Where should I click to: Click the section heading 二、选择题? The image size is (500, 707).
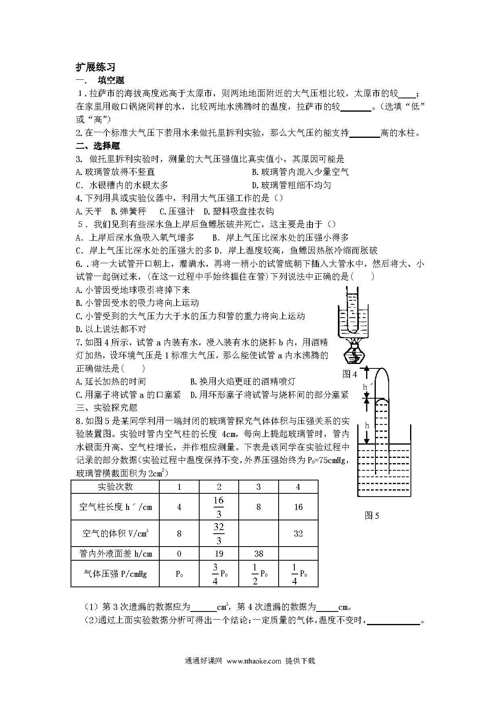click(98, 146)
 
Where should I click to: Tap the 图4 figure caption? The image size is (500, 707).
click(350, 374)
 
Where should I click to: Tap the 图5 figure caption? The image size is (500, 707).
click(372, 516)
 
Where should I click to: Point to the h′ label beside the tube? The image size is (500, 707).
click(366, 387)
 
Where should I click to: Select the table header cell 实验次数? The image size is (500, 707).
click(115, 487)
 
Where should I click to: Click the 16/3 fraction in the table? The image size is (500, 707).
click(219, 507)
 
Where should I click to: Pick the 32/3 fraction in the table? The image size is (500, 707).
click(219, 533)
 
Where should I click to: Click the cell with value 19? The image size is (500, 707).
click(219, 553)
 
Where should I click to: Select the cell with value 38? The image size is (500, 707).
click(258, 553)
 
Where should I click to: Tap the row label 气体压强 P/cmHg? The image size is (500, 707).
click(115, 573)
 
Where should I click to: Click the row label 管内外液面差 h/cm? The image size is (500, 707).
click(115, 553)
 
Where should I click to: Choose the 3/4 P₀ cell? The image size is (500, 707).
click(219, 573)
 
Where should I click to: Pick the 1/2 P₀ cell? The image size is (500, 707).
click(258, 573)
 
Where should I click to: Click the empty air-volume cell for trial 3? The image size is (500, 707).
click(258, 533)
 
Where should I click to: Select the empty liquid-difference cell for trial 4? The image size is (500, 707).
click(298, 553)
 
